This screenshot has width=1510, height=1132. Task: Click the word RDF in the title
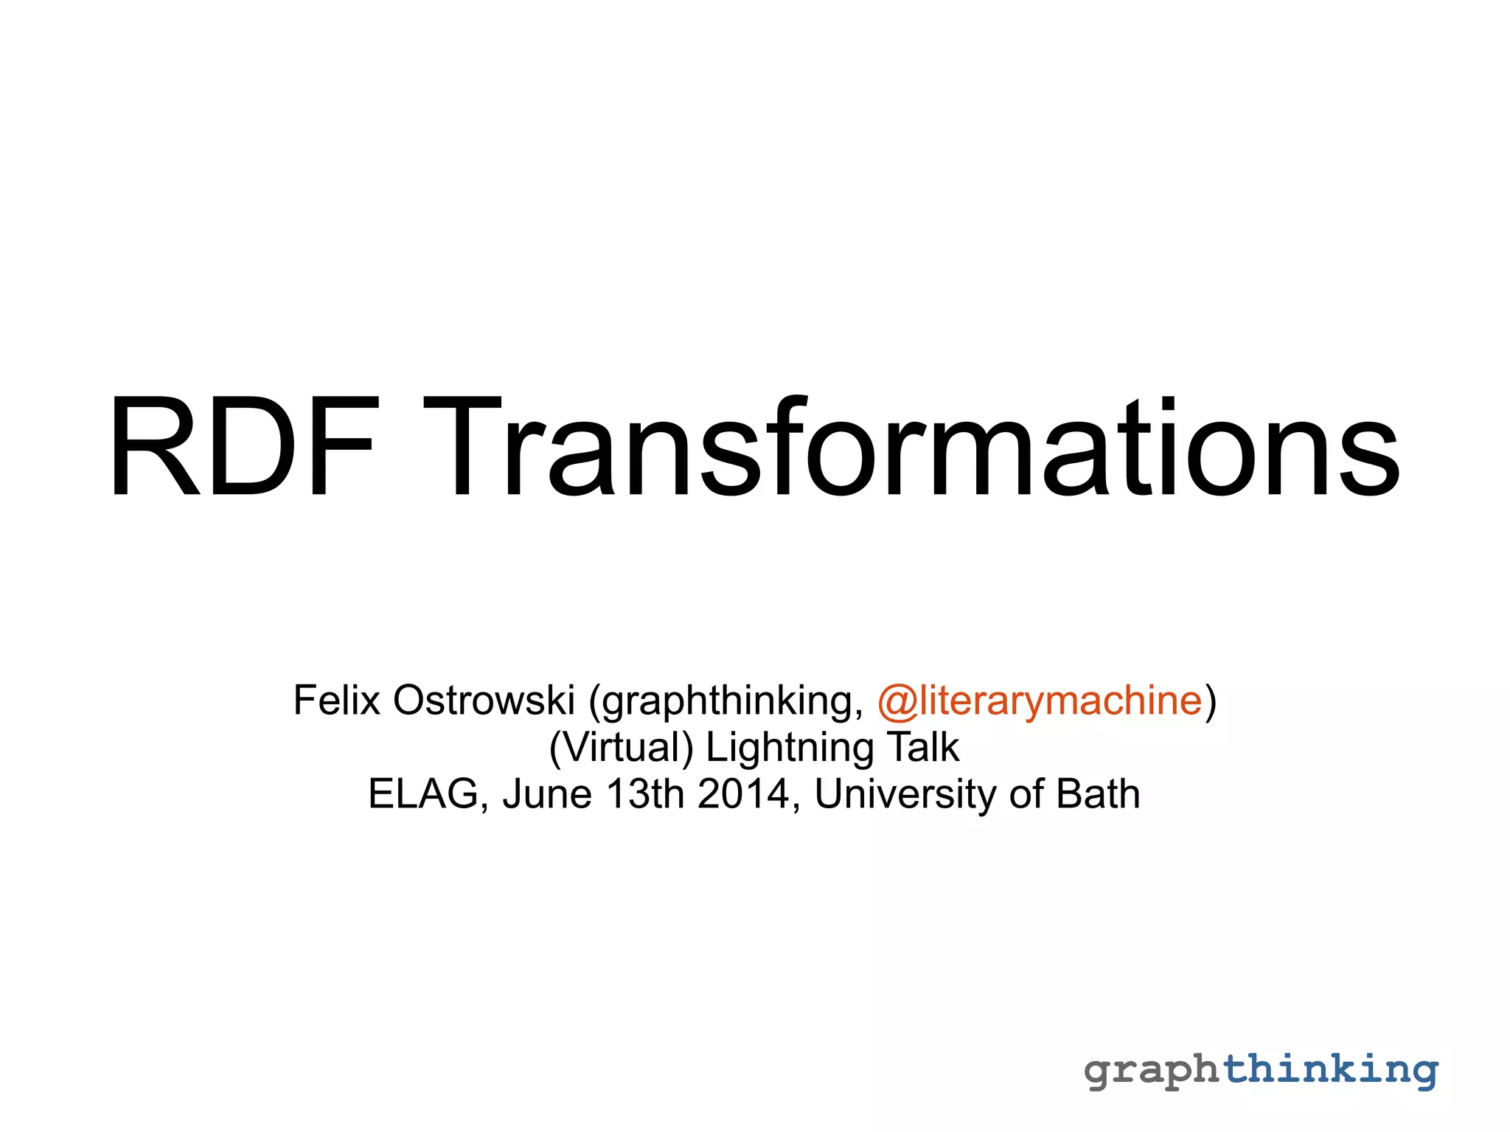click(x=243, y=448)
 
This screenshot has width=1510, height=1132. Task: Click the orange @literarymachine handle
click(x=1040, y=701)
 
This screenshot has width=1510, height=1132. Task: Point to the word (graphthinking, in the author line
click(x=726, y=701)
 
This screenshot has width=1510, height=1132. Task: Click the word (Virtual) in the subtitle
click(x=622, y=747)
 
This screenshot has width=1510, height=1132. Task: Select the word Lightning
click(x=790, y=748)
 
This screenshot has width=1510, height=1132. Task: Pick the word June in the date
click(x=547, y=794)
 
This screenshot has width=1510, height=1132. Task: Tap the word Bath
click(x=1098, y=794)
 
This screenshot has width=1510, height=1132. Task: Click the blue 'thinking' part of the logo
click(x=1332, y=1069)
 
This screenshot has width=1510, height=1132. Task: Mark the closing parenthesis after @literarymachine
click(x=1210, y=701)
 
